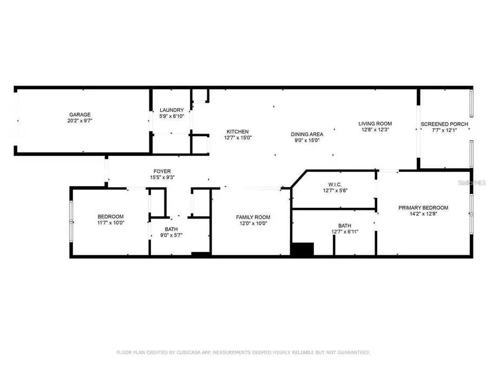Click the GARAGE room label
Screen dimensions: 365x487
(x=80, y=115)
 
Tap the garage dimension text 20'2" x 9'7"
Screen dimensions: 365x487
(x=80, y=121)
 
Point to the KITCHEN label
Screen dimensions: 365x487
(x=238, y=131)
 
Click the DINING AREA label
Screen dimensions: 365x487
(x=307, y=134)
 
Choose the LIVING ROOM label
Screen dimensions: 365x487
(x=375, y=124)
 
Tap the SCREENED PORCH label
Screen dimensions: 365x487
(x=444, y=124)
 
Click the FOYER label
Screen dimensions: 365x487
(x=162, y=171)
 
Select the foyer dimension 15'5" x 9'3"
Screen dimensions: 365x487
(x=162, y=177)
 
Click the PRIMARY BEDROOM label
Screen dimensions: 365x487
(x=423, y=208)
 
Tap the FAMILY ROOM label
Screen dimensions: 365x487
(x=253, y=217)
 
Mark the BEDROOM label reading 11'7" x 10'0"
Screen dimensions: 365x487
(x=110, y=217)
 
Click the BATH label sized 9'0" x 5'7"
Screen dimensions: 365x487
(x=171, y=229)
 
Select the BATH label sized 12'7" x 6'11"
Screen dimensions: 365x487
(x=345, y=226)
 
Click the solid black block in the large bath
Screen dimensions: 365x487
(x=302, y=249)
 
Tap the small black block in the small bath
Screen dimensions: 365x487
(x=200, y=254)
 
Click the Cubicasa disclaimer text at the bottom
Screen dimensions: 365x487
(x=243, y=353)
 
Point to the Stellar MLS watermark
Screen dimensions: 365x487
(x=472, y=183)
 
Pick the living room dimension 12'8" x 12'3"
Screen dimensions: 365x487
(x=375, y=130)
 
